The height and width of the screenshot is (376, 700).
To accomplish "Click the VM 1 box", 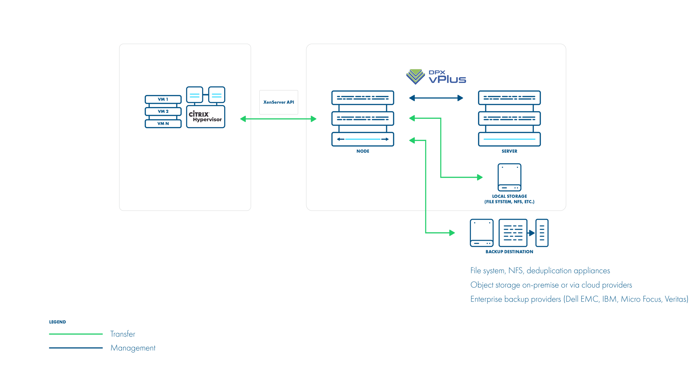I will point(163,99).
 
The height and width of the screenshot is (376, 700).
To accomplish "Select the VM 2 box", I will point(163,112).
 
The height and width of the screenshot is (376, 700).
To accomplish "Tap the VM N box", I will point(163,124).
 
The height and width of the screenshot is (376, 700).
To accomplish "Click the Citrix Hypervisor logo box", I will point(206,117).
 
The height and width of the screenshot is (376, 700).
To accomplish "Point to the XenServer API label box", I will point(279,102).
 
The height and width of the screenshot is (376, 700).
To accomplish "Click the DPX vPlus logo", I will point(436,77).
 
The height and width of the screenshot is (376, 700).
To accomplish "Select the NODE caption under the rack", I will point(363,151).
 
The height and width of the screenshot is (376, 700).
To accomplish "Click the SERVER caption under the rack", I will point(509,151).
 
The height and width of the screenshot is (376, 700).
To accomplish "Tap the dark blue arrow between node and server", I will point(436,98).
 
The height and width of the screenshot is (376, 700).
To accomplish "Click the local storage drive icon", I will point(509,177).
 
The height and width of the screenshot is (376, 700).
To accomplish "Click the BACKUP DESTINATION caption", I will point(509,252).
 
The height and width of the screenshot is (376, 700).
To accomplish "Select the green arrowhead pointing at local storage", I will point(480,177).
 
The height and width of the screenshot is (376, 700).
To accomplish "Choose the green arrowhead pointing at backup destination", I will point(452,233).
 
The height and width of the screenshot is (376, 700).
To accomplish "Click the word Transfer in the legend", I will point(122,334).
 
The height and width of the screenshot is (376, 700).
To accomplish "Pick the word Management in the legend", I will point(133,348).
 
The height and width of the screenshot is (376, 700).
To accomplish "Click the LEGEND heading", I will point(57,322).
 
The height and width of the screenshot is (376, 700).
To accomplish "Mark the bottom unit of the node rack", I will point(363,139).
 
